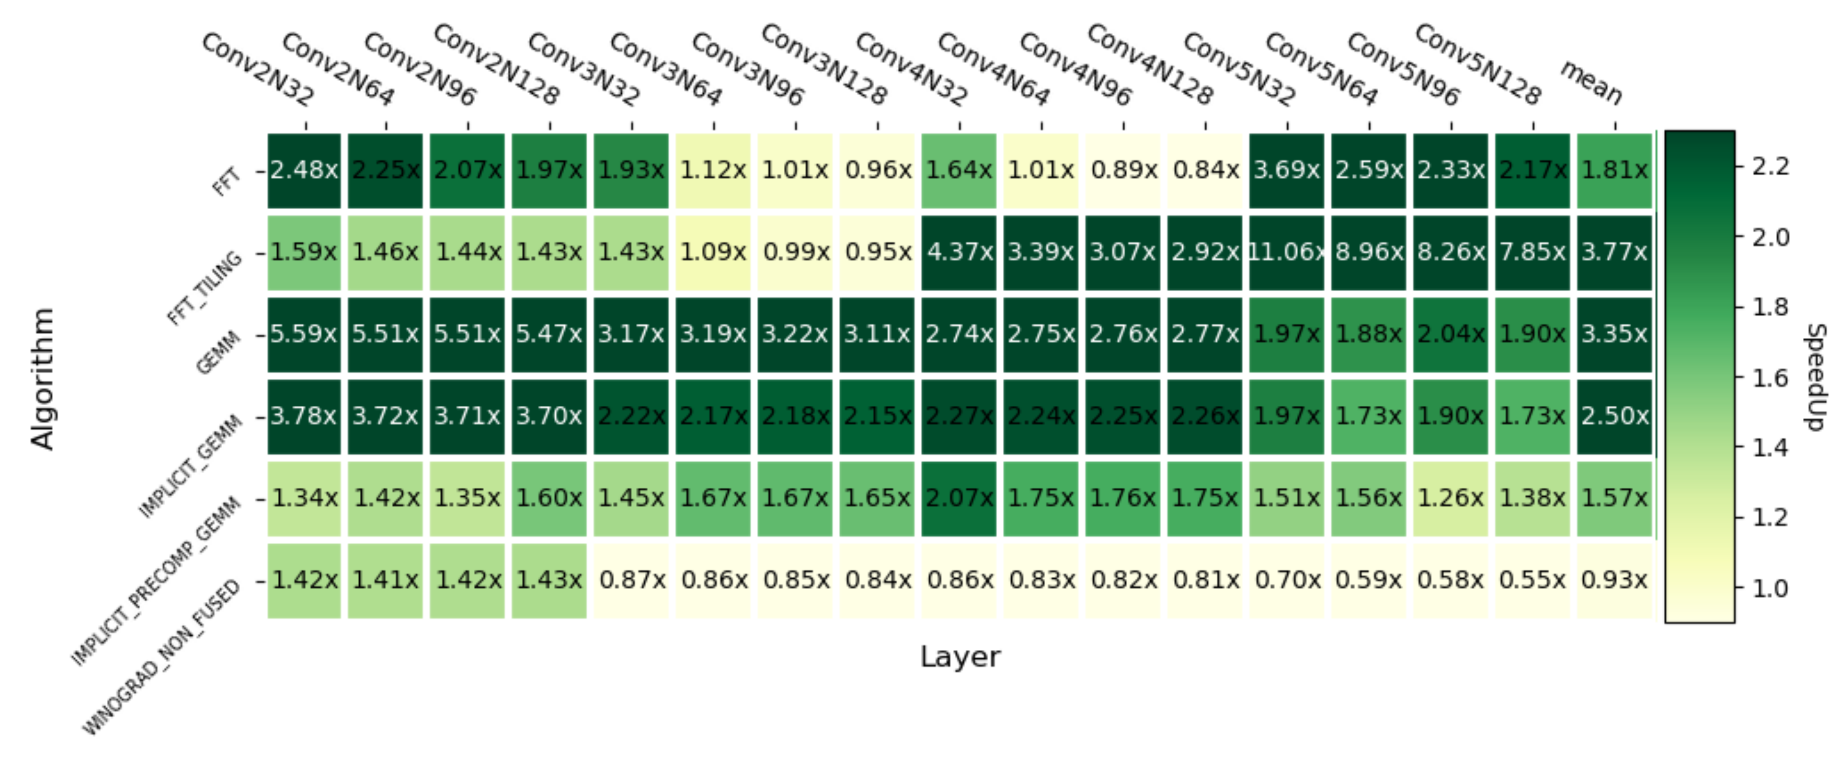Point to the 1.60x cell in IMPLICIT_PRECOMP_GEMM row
point(549,498)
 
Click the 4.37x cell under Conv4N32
point(959,252)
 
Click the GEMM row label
point(218,352)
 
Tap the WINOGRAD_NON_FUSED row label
point(162,658)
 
